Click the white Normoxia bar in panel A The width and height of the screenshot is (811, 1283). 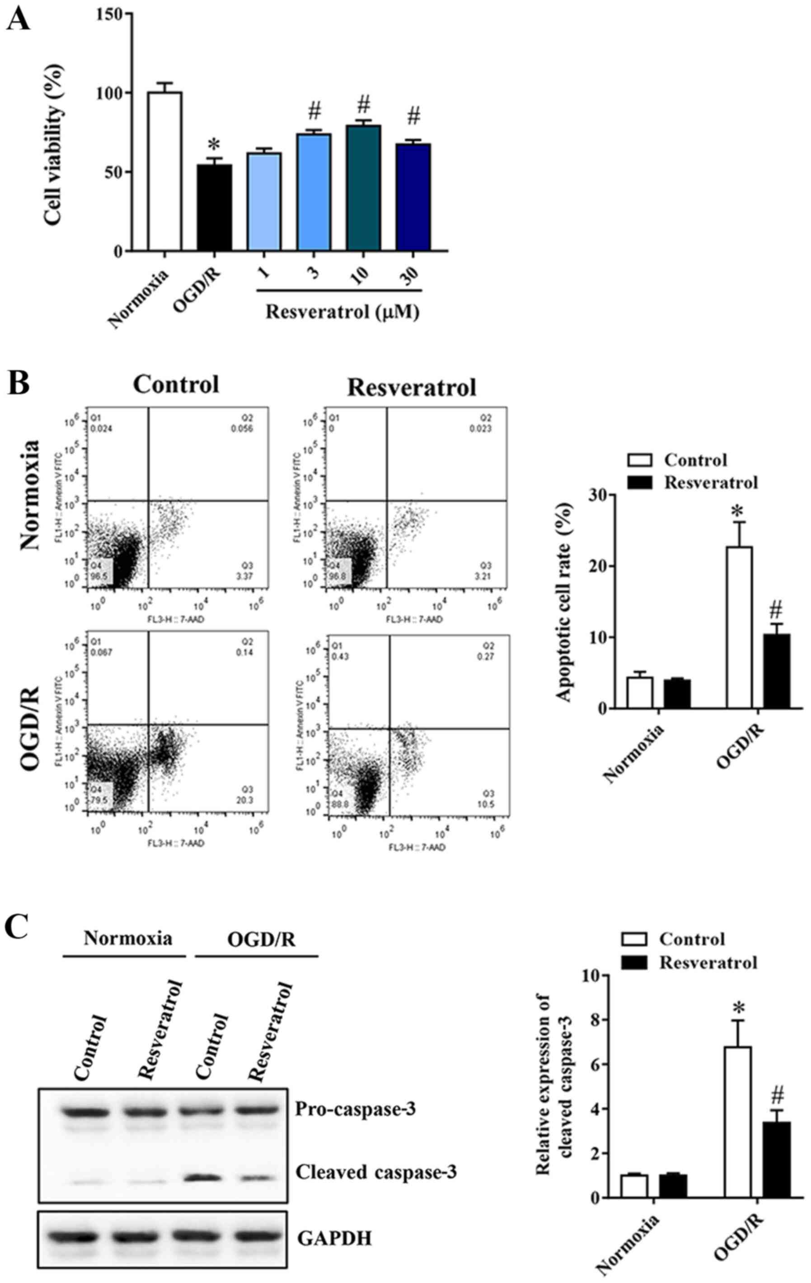point(165,170)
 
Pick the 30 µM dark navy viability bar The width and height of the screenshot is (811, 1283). point(413,197)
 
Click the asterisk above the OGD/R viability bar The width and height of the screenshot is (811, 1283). point(214,145)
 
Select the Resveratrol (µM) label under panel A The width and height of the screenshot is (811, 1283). point(342,311)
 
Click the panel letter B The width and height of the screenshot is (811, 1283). point(18,384)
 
